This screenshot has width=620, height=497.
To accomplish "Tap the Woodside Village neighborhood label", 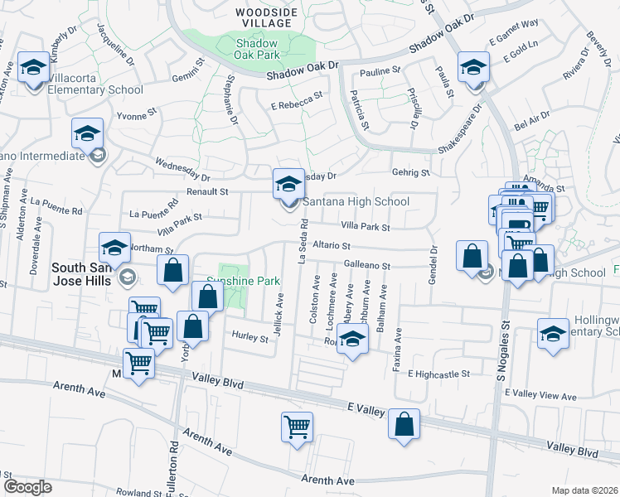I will click(265, 17).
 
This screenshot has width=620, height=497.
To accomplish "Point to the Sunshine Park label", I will click(243, 281).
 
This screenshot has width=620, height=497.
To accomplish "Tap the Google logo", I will click(27, 486).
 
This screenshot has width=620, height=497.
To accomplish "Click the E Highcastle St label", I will click(438, 374).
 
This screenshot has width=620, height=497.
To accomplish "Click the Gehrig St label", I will click(411, 173).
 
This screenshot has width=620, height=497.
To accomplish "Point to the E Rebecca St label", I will click(296, 101).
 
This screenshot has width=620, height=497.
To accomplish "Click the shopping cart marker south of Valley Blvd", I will click(297, 427).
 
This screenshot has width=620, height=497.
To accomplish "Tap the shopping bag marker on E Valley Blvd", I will click(404, 424).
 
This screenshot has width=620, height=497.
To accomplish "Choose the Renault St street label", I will click(206, 191).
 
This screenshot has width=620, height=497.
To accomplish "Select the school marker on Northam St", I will click(114, 247).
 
